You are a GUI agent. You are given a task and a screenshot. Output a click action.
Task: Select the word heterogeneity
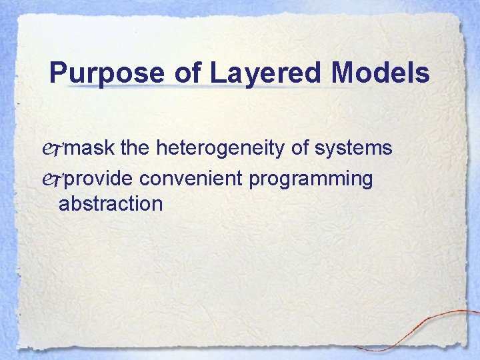click(221, 149)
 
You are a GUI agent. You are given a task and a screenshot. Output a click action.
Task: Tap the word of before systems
click(302, 148)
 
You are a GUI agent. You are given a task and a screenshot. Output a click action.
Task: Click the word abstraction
click(111, 203)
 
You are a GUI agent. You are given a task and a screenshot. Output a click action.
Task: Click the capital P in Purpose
click(59, 73)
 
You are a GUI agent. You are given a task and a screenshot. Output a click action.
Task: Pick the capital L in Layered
click(218, 73)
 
